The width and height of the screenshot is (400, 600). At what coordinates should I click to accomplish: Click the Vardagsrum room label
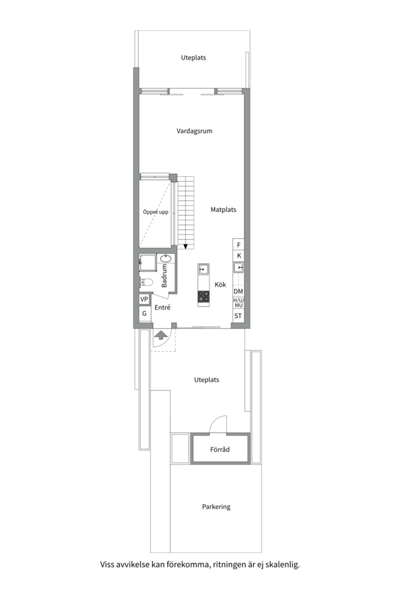[194, 131]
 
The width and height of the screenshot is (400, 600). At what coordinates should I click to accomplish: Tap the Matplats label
[223, 209]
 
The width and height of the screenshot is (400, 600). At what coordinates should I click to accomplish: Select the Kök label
[220, 284]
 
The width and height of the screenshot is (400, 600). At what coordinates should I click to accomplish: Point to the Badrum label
[164, 276]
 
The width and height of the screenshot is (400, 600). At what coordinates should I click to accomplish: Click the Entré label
[162, 307]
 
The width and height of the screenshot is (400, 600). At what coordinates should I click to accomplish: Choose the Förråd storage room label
[219, 449]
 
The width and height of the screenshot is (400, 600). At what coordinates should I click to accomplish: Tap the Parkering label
[216, 507]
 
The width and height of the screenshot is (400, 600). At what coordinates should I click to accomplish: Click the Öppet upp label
[156, 212]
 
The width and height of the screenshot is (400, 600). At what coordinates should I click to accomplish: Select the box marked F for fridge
[238, 245]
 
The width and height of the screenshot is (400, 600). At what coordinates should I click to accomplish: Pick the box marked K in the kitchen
[238, 256]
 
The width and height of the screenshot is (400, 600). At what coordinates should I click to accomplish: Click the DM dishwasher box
[238, 291]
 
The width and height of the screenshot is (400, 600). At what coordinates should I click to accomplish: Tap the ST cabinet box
[238, 316]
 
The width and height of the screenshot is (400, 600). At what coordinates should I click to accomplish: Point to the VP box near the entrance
[144, 299]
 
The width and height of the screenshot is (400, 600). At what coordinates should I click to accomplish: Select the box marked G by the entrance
[144, 313]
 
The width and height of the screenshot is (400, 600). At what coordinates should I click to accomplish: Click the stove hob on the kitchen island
[204, 296]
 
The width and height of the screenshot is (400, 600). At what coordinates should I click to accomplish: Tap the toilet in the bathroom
[146, 282]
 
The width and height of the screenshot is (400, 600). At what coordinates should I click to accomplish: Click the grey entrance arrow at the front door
[161, 335]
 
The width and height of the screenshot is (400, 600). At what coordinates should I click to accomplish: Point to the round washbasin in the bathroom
[166, 259]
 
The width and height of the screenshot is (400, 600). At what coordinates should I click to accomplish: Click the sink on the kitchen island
[204, 269]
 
